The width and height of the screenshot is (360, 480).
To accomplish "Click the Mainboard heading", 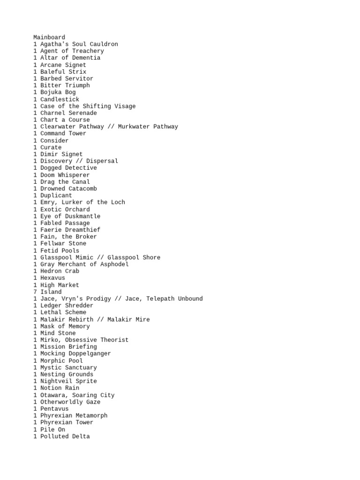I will coord(49,37).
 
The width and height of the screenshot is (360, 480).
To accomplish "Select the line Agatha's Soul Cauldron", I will coord(75,44).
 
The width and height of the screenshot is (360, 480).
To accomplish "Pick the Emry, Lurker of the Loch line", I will coord(79,202).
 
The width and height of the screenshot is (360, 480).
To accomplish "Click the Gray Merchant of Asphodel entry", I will coord(81,264).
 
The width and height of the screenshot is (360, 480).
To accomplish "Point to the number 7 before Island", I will coord(35,292).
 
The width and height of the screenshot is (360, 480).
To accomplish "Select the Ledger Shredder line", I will coord(63,306).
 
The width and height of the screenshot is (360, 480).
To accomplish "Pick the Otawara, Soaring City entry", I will coord(74,395).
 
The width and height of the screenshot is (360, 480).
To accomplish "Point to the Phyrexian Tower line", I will coord(63,422).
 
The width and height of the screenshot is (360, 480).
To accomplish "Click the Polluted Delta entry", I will coord(61,436).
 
